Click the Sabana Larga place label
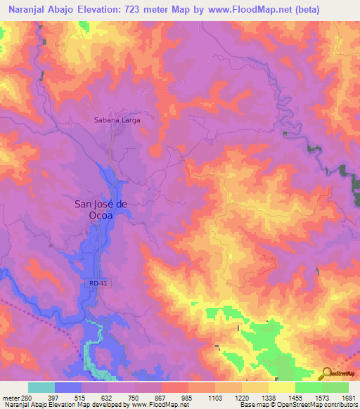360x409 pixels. pos(117,120)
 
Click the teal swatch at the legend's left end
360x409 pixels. pos(41,387)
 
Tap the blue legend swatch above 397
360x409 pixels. pos(68,387)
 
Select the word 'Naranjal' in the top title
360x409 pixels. pos(22,10)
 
